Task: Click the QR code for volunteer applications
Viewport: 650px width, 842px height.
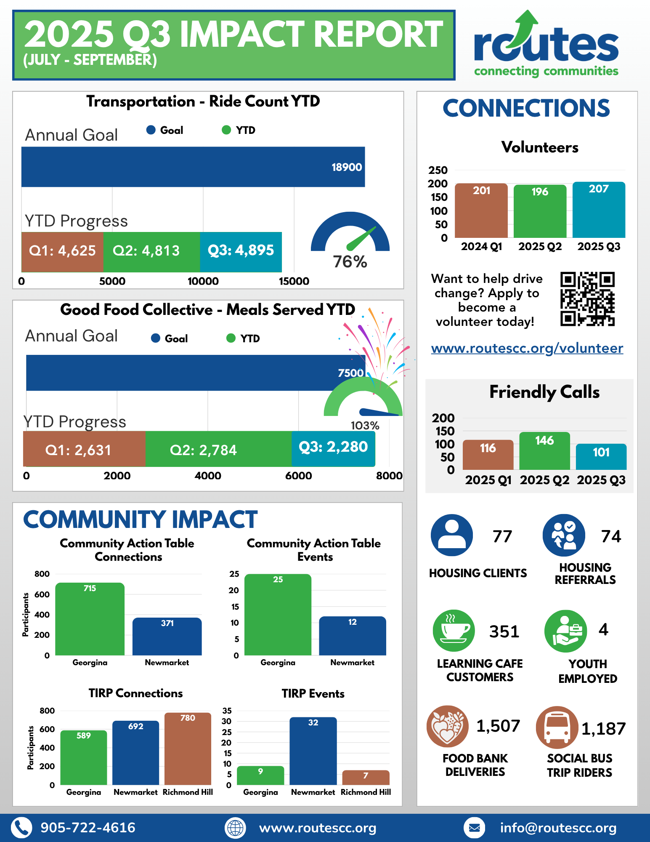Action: click(x=587, y=298)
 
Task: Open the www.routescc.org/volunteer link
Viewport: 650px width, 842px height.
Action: click(x=527, y=348)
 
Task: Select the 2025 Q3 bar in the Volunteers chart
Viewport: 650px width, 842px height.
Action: click(x=599, y=210)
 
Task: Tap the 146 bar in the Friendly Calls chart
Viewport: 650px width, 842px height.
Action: click(x=544, y=451)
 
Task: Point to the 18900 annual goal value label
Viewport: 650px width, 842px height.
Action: click(x=346, y=167)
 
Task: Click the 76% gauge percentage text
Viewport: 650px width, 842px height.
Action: click(x=350, y=262)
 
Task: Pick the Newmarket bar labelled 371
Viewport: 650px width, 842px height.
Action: click(x=167, y=637)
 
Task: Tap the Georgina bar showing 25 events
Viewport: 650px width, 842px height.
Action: click(x=278, y=615)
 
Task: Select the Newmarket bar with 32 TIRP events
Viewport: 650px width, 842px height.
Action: click(x=313, y=751)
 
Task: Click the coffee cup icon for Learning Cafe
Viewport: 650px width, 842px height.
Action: click(x=454, y=631)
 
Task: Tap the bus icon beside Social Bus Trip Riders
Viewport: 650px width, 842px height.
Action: click(x=556, y=727)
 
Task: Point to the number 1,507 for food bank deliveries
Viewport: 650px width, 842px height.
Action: click(x=498, y=726)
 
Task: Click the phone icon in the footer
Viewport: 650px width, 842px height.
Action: click(x=21, y=828)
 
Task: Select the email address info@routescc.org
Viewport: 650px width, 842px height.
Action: click(x=558, y=828)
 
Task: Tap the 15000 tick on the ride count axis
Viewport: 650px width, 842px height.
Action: click(x=294, y=281)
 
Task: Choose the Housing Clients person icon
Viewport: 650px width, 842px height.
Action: click(x=452, y=535)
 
